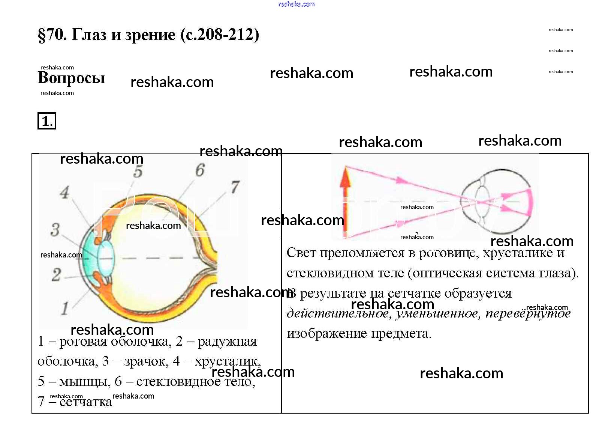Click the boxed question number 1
[46, 121]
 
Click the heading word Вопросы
[71, 78]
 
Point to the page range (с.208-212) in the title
[220, 35]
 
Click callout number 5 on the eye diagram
[138, 172]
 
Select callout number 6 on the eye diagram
[200, 170]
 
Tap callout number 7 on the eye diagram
[235, 187]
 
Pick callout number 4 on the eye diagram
[64, 193]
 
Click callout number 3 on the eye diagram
[55, 229]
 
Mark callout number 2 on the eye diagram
[56, 274]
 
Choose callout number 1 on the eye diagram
[64, 309]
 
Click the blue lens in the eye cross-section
[106, 258]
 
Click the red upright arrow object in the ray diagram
[345, 203]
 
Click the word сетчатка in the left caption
[85, 402]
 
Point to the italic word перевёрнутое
[528, 313]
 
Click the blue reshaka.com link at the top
[296, 4]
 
